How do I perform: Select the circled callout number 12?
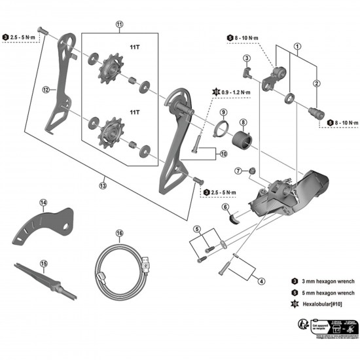pyautogui.click(x=46, y=90)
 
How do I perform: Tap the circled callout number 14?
pyautogui.click(x=43, y=203)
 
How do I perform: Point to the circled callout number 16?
pyautogui.click(x=119, y=233)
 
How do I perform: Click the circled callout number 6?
pyautogui.click(x=225, y=207)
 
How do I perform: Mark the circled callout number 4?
pyautogui.click(x=261, y=282)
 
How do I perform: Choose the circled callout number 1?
pyautogui.click(x=297, y=46)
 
